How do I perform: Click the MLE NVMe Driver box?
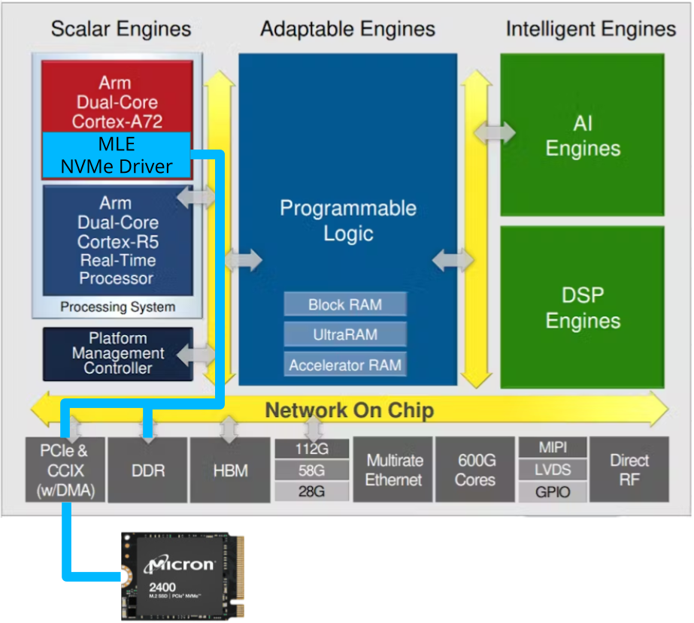tap(116, 155)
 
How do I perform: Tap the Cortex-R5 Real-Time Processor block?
tap(117, 240)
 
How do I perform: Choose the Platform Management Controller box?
tap(117, 353)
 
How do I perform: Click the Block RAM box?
tap(345, 304)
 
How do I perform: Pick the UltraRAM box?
tap(345, 334)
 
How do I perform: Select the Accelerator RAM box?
tap(345, 365)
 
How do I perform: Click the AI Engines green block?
tap(583, 135)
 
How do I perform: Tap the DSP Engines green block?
tap(583, 307)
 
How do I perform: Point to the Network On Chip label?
tap(349, 410)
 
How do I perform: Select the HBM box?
tap(229, 470)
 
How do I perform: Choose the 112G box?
tap(312, 449)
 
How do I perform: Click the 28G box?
tap(312, 491)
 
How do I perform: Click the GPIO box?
tap(553, 492)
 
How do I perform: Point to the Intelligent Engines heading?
tap(591, 29)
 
